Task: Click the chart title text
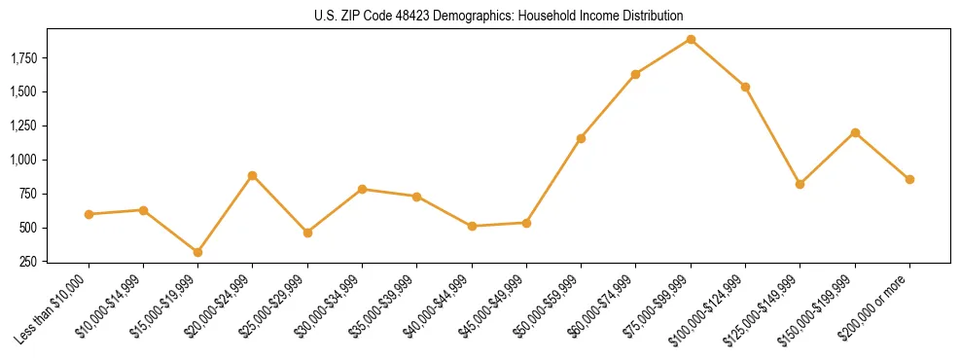click(499, 16)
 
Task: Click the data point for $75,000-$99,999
click(691, 39)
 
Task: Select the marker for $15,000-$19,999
click(198, 252)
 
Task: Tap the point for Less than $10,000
click(89, 214)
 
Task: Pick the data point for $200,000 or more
click(909, 179)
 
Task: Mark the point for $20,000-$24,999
click(253, 175)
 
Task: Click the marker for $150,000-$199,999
click(855, 132)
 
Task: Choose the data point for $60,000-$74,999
click(636, 74)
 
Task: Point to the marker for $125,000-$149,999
click(800, 184)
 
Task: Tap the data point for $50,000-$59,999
click(581, 138)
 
